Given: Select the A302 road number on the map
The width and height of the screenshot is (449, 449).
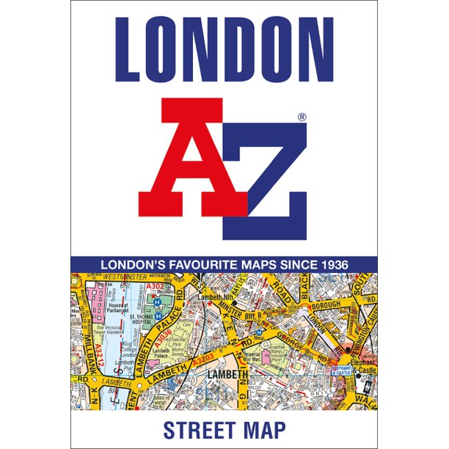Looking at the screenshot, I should [x=155, y=287].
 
